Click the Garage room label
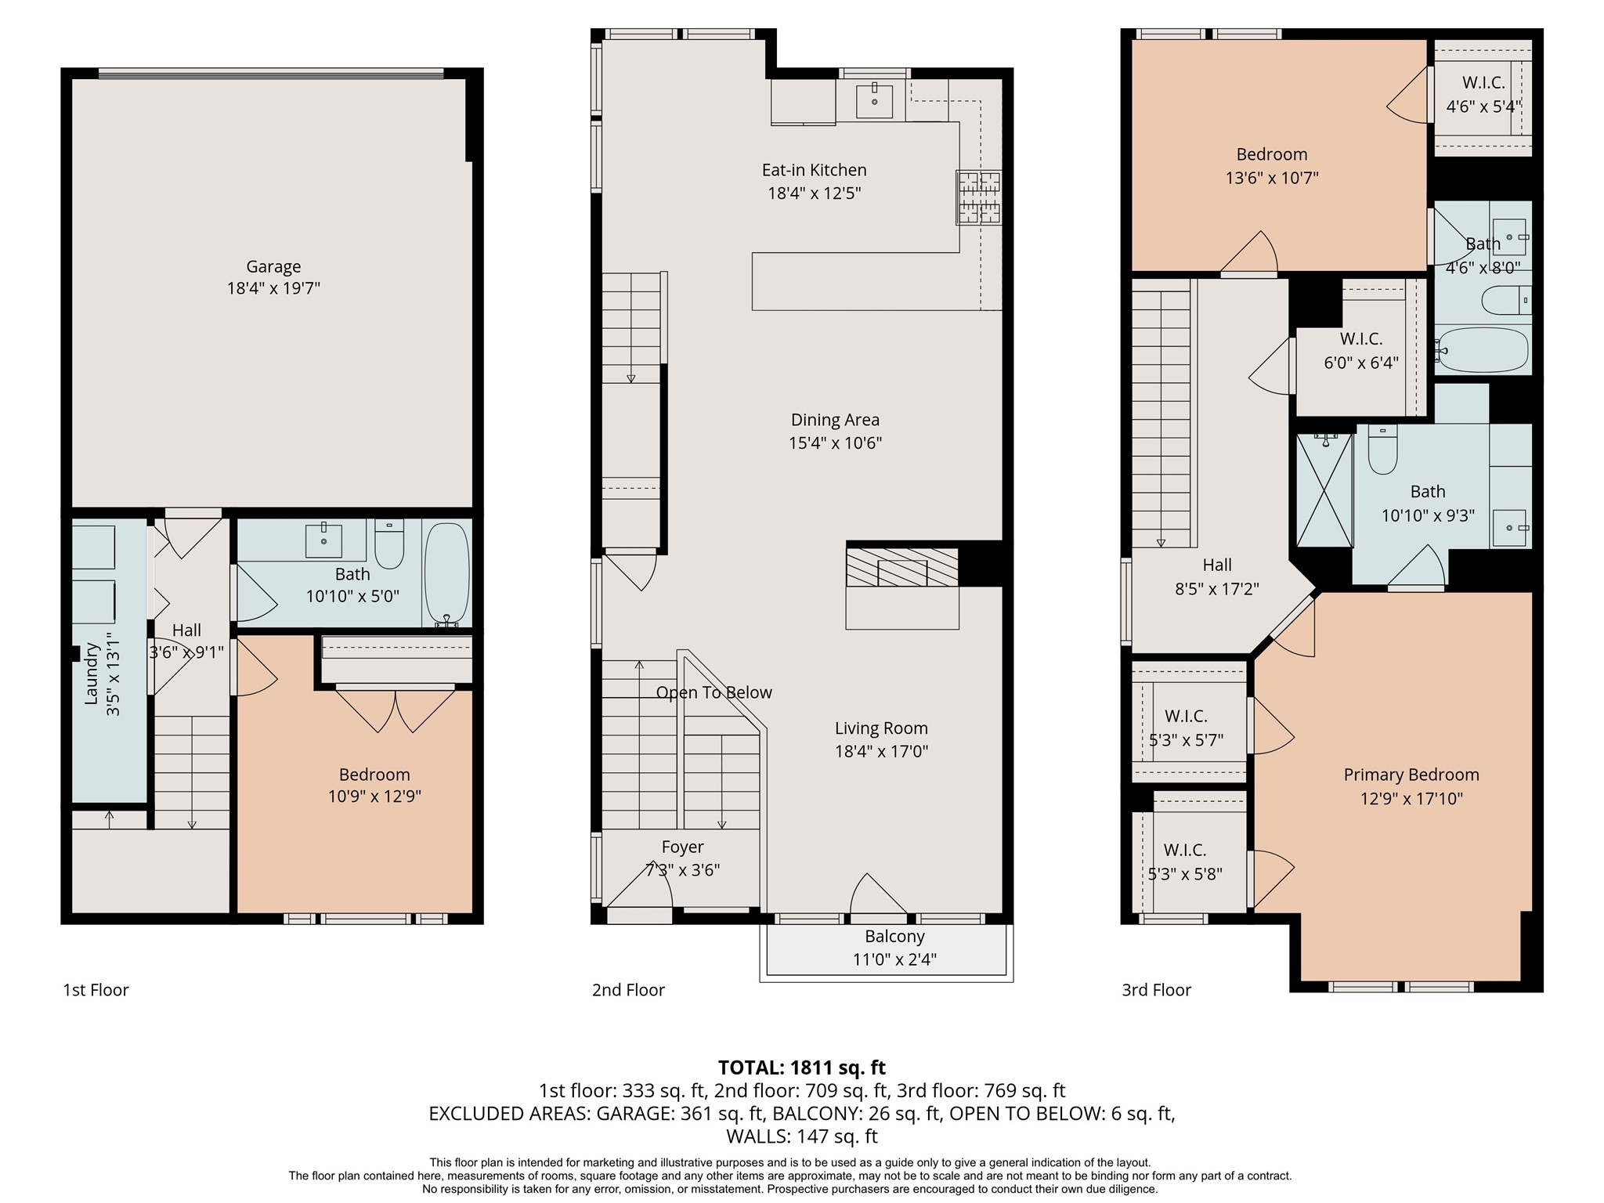[x=273, y=266]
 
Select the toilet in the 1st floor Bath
[x=389, y=544]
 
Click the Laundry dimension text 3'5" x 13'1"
[x=113, y=674]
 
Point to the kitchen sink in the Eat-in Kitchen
[x=874, y=100]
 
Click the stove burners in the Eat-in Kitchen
[x=978, y=197]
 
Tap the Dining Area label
[x=835, y=420]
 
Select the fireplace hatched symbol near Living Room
[x=901, y=567]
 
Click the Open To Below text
[x=713, y=692]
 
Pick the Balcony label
[x=894, y=936]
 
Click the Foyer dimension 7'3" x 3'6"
[x=682, y=869]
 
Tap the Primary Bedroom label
[x=1411, y=775]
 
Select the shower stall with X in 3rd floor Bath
[x=1324, y=490]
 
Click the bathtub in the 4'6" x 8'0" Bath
[x=1483, y=349]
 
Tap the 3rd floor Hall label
[x=1217, y=565]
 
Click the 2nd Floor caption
[x=628, y=990]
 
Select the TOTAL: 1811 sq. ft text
[x=801, y=1068]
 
